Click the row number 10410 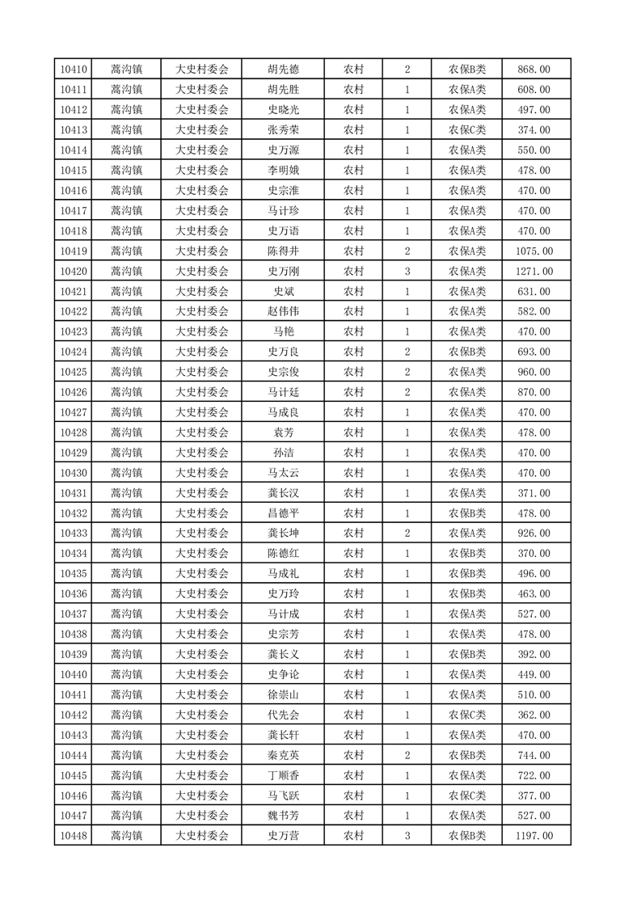(74, 70)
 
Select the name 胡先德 (283, 70)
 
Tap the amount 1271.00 (534, 272)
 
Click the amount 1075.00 (534, 251)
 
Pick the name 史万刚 (283, 272)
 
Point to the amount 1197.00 (534, 836)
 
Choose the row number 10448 (74, 836)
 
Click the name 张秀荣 (283, 130)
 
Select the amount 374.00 (534, 130)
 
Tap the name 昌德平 (283, 513)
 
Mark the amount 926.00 (534, 534)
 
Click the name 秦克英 (283, 755)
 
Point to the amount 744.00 (534, 755)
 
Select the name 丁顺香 (283, 775)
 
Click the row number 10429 (74, 453)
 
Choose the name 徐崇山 (283, 694)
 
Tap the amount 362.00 (534, 715)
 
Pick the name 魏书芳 (283, 816)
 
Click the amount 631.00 (534, 292)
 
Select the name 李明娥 (283, 171)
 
